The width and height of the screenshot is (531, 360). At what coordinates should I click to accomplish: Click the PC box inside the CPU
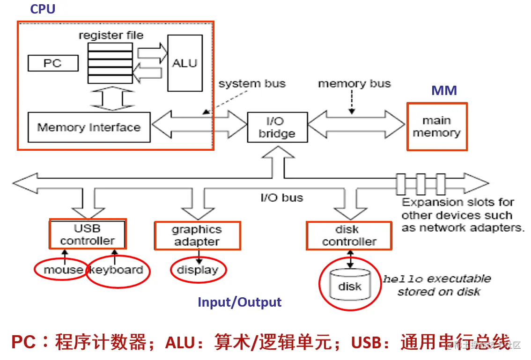click(x=52, y=63)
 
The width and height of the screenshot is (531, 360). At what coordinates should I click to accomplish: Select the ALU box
click(x=185, y=63)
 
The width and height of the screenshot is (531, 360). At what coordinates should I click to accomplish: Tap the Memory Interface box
click(x=89, y=127)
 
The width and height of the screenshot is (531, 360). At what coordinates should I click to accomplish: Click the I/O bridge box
click(x=277, y=127)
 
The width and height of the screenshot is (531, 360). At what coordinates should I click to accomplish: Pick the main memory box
click(x=436, y=127)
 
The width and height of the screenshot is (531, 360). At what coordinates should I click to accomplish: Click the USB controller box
click(x=88, y=235)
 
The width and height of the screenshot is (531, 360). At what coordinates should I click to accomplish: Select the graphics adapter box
click(x=197, y=235)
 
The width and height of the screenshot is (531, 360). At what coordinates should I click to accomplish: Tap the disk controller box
click(x=349, y=235)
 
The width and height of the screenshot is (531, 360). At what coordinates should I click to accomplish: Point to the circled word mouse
click(x=63, y=270)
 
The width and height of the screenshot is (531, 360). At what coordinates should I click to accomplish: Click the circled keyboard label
click(x=117, y=270)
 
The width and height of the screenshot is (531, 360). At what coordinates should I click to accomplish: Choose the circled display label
click(x=198, y=270)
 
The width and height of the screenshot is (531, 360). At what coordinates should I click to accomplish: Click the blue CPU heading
click(x=43, y=9)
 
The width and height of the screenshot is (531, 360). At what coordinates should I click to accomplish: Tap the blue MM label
click(x=444, y=90)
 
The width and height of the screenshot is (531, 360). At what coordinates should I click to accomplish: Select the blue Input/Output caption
click(x=239, y=302)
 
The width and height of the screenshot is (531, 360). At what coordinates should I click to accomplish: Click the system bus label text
click(x=252, y=84)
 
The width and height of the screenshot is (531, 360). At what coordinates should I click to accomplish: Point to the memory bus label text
click(x=354, y=84)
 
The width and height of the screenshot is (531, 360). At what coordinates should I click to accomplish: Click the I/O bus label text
click(x=281, y=198)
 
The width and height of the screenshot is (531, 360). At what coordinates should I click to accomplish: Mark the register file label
click(x=111, y=35)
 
